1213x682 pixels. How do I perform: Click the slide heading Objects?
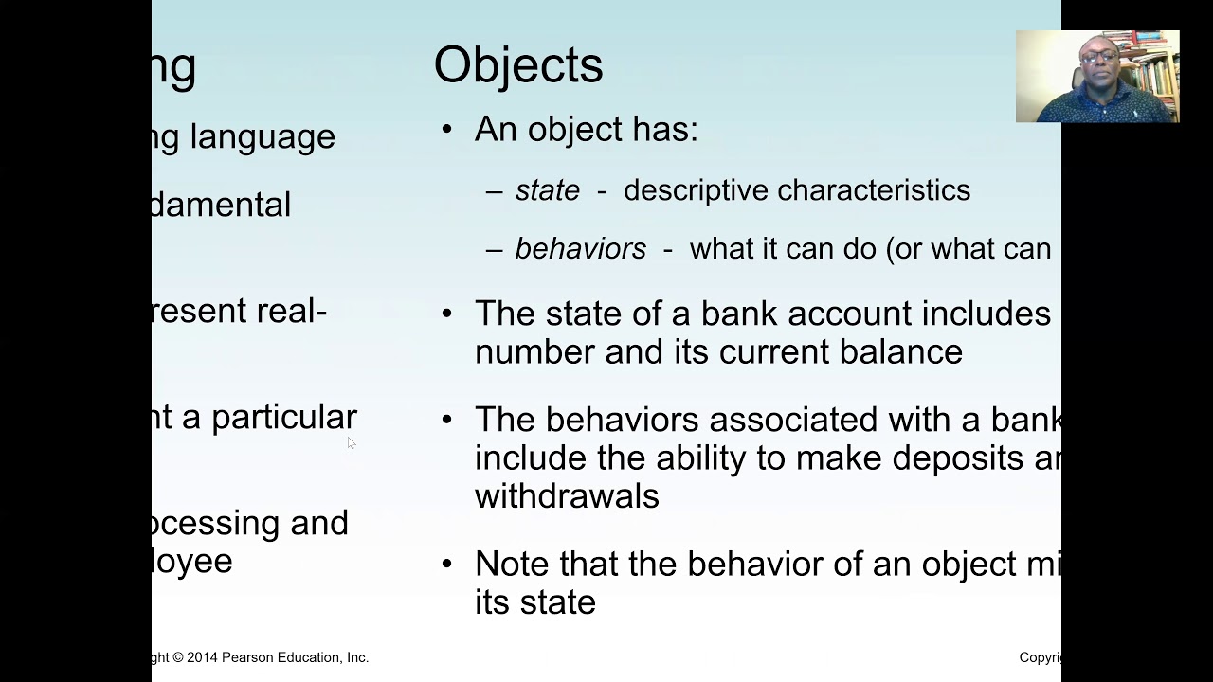point(517,65)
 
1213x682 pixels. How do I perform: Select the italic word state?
point(547,190)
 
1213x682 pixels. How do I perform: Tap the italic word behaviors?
point(580,249)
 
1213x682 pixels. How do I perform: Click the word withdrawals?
point(567,496)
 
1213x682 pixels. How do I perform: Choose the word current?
point(774,352)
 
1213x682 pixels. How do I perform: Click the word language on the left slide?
point(263,137)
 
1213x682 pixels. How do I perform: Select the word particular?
point(283,417)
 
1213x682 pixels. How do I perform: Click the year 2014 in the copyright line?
point(202,657)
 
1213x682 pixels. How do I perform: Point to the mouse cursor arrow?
point(351,442)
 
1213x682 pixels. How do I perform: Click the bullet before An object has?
point(447,131)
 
